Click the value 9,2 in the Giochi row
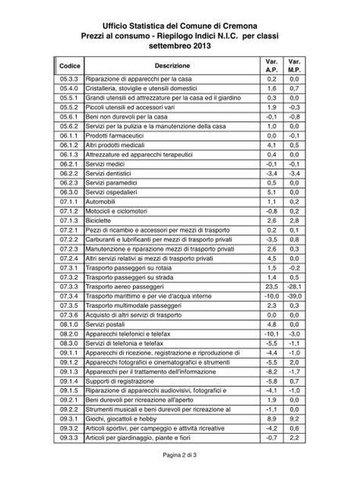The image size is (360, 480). click(296, 420)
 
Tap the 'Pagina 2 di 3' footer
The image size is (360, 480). click(179, 455)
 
